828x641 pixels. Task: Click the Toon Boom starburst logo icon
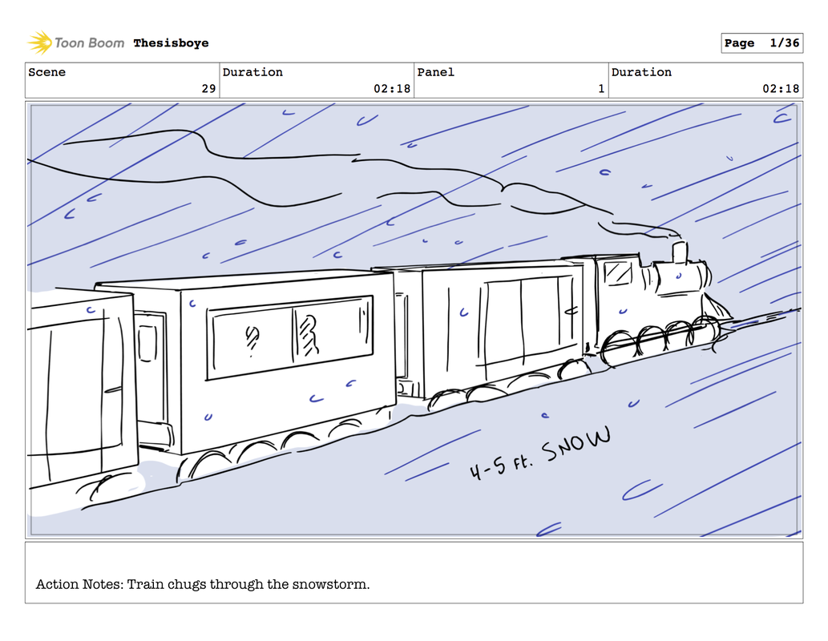pos(39,42)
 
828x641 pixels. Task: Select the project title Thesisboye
pos(171,42)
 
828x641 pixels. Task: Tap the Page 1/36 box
pos(762,42)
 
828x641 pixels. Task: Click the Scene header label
pos(47,72)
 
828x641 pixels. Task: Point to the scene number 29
pos(208,89)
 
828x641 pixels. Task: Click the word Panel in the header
pos(436,72)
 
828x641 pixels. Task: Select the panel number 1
pos(601,89)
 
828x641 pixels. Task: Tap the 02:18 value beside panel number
pos(781,89)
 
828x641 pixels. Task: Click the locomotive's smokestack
pos(680,252)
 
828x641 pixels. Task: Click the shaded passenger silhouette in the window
pos(308,335)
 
